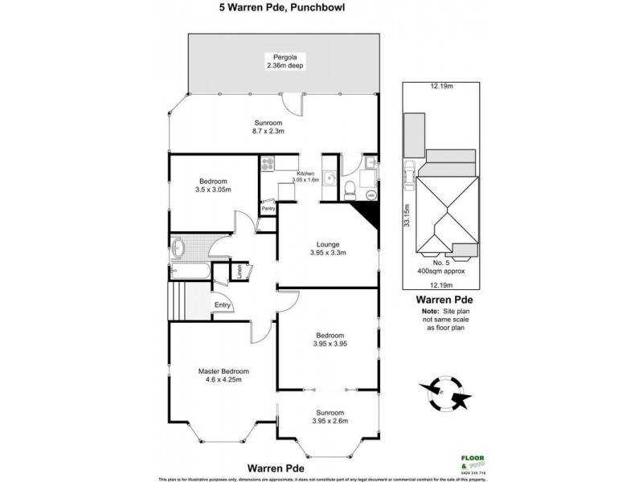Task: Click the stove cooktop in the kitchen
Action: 268,164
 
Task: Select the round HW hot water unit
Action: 371,194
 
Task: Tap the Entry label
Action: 222,304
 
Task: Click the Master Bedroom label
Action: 223,371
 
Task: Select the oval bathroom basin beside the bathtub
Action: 178,246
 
